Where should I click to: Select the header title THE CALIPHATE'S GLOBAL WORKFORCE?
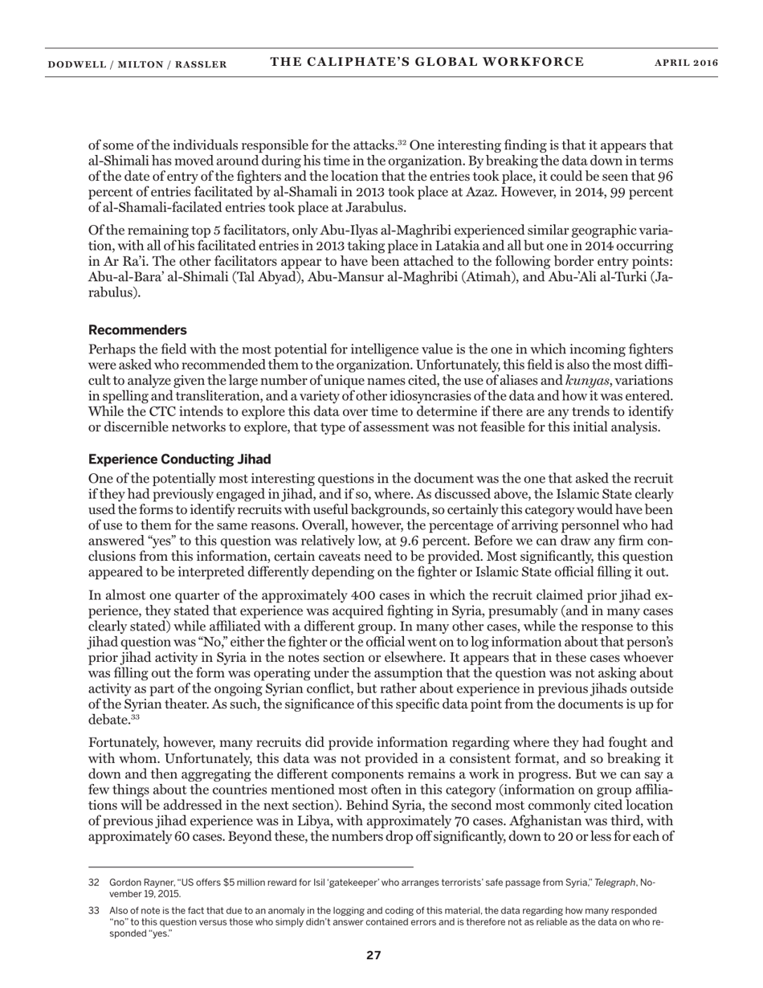click(426, 63)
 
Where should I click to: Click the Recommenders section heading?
click(137, 330)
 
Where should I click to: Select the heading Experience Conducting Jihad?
click(179, 459)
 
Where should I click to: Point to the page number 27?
click(373, 955)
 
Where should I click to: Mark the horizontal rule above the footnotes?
click(251, 867)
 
